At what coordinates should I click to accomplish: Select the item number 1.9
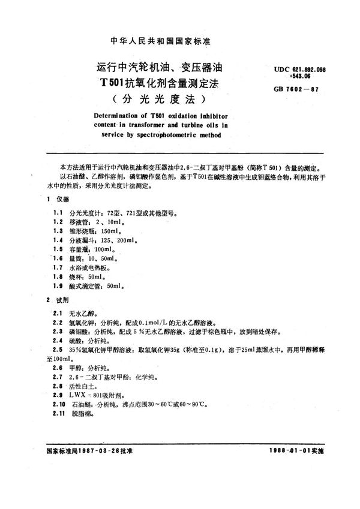(x=58, y=287)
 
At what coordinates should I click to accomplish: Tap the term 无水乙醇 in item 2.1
(x=83, y=313)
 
